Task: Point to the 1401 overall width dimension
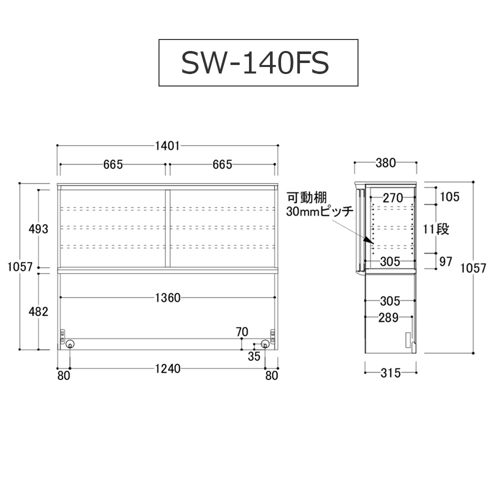coord(167,145)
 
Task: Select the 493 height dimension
coord(38,229)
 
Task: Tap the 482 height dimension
coord(38,311)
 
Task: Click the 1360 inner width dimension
coord(167,298)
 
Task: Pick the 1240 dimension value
coord(167,369)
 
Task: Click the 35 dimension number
coord(254,356)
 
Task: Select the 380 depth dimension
coord(385,162)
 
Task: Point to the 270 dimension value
coord(392,197)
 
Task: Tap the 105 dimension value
coord(449,196)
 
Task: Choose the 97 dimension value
coord(445,261)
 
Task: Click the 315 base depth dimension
coord(390,373)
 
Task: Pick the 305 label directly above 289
coord(390,301)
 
